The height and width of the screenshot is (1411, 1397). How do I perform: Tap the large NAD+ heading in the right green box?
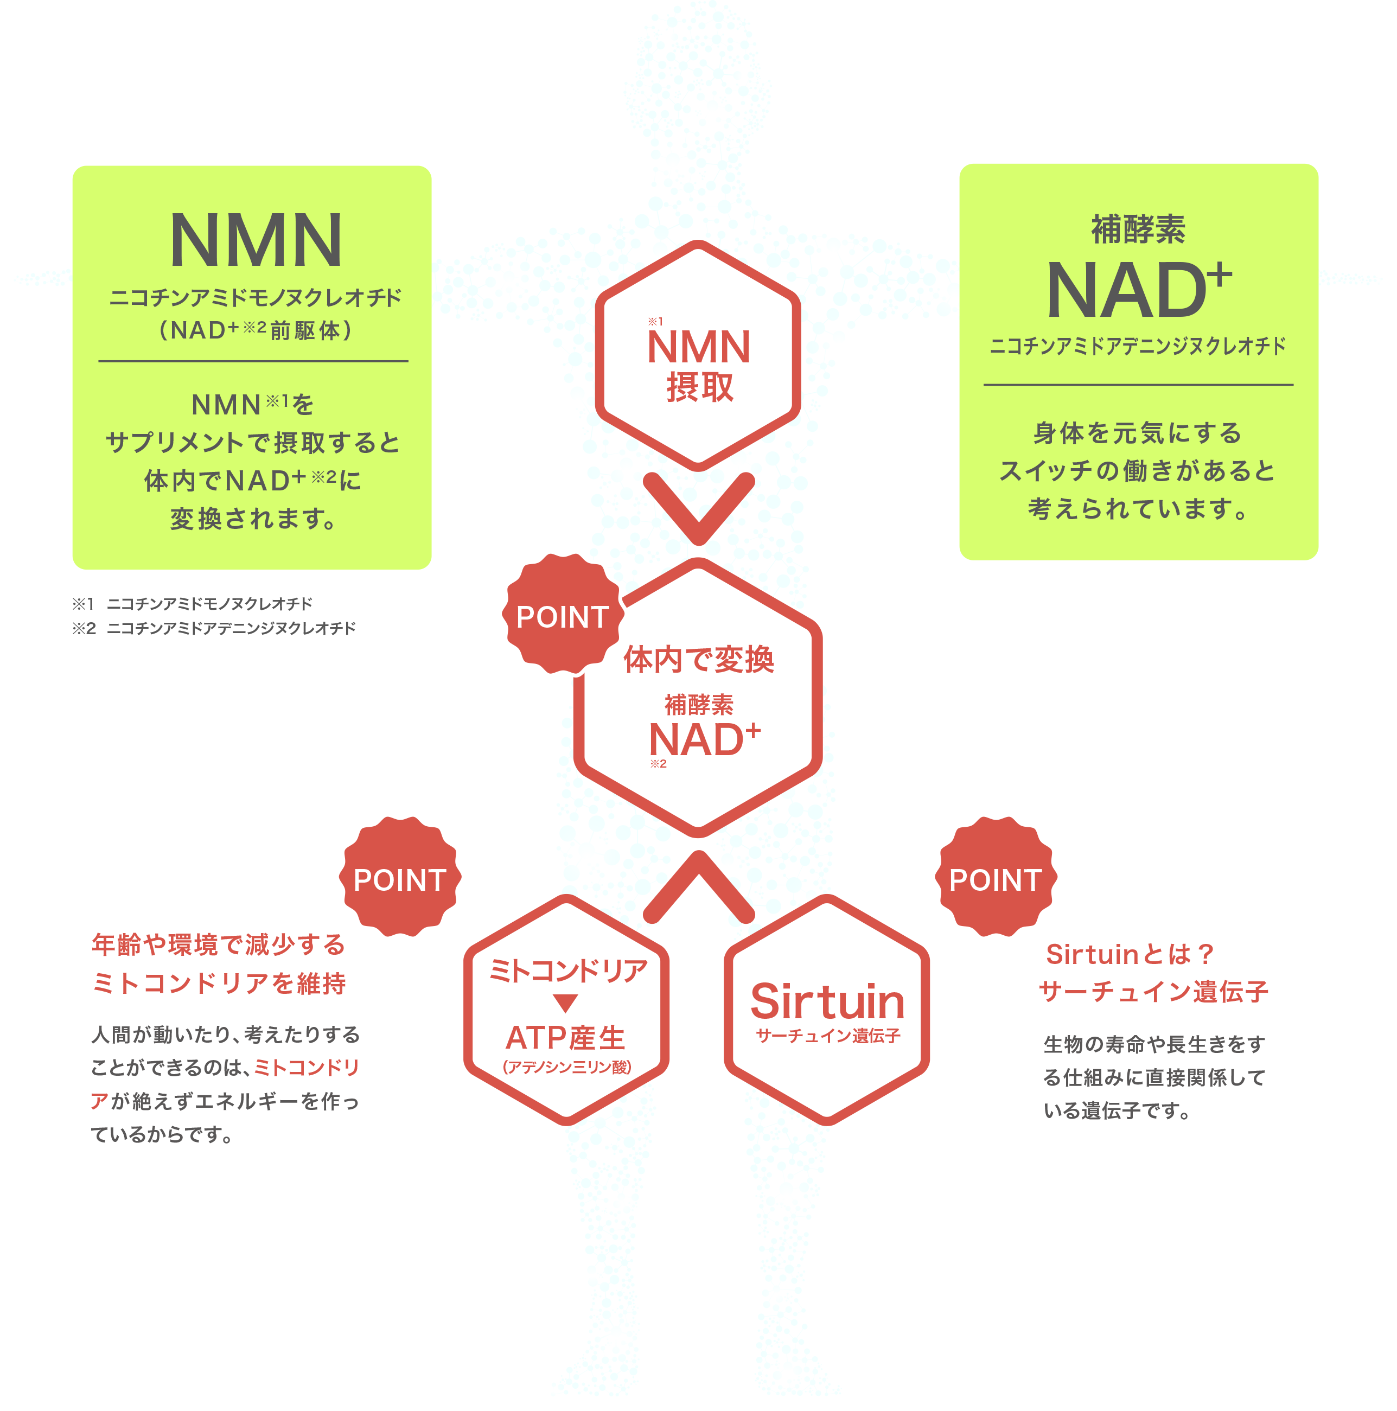pos(1138,289)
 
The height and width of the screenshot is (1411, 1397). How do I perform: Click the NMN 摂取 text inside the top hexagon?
pos(699,365)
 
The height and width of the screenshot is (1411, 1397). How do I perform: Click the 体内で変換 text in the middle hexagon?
pos(699,660)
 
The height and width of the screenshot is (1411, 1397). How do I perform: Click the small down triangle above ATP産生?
pos(565,1003)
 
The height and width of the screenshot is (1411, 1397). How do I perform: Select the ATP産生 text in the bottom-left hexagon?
pos(566,1038)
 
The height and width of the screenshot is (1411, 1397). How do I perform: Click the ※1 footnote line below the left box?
pos(192,604)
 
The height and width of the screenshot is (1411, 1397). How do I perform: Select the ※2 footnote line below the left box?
pos(214,628)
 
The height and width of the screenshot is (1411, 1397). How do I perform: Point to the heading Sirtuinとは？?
pos(1130,954)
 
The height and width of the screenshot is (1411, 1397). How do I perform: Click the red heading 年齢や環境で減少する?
pos(218,944)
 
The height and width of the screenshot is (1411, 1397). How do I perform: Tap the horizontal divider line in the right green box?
pos(1138,385)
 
